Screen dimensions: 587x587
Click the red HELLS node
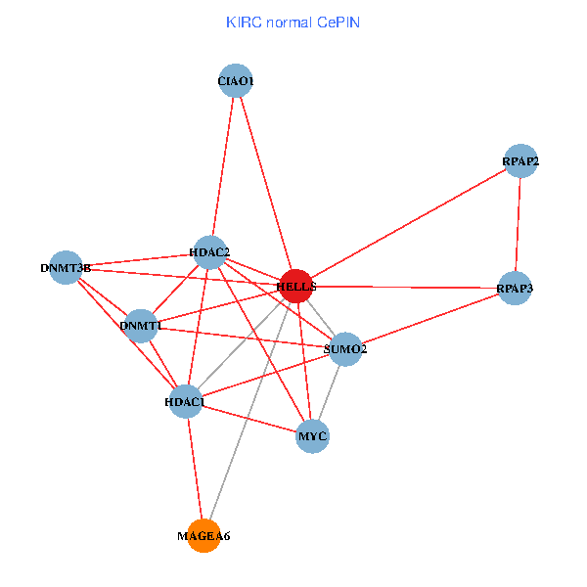point(296,286)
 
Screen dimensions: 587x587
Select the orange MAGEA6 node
point(203,535)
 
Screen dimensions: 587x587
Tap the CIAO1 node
point(236,80)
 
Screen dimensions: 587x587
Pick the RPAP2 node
point(521,160)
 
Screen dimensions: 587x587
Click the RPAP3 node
point(515,289)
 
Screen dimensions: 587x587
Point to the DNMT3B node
point(66,267)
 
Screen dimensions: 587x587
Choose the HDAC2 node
point(210,253)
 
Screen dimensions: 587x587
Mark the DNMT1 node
point(141,325)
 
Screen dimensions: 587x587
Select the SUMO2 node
point(345,348)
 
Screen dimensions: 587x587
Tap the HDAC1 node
point(185,401)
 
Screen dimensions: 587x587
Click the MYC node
point(312,435)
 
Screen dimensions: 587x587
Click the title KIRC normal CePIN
point(293,21)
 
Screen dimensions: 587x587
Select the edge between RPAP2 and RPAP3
point(519,225)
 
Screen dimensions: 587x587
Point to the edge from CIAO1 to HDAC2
point(223,166)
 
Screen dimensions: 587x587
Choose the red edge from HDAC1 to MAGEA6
point(194,468)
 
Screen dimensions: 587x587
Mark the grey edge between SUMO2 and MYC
point(329,391)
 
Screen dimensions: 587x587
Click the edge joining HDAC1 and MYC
point(248,418)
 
